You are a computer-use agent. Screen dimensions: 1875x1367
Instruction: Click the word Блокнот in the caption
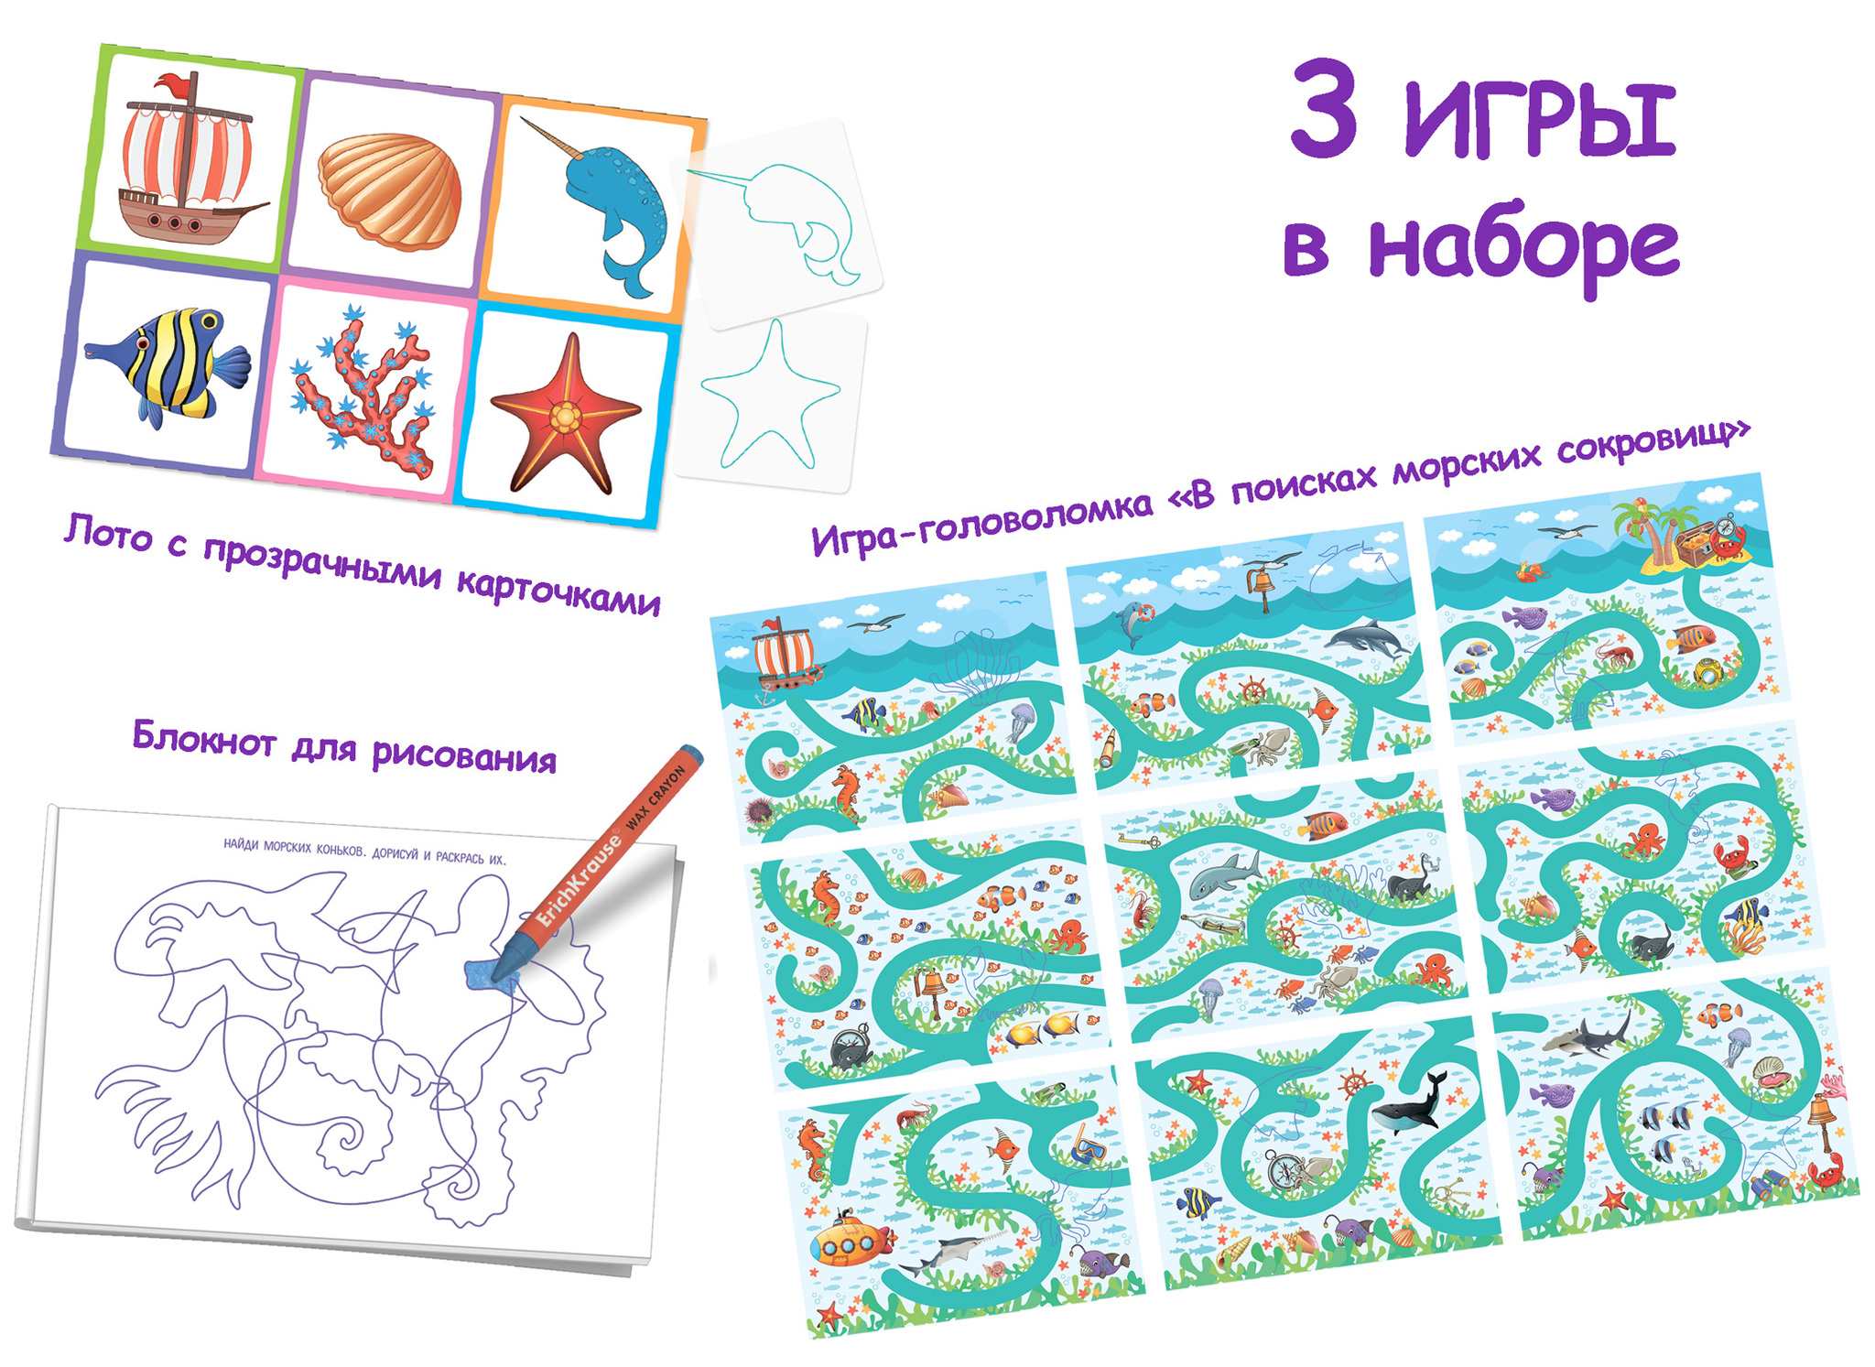pyautogui.click(x=203, y=737)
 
